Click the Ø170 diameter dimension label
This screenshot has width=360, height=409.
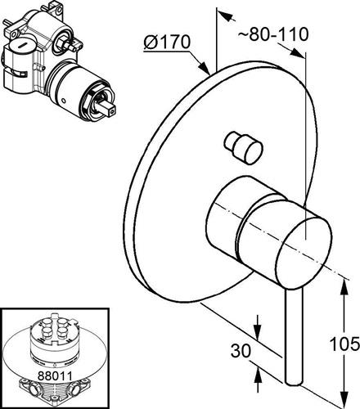pos(167,43)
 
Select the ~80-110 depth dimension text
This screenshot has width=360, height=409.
pos(273,34)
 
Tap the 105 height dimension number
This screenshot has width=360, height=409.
pos(344,344)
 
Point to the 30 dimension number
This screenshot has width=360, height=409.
pos(241,350)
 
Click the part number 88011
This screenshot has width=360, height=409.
pos(55,376)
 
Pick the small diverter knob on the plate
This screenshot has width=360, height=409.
pos(244,148)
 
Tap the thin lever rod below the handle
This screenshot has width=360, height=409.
pos(294,337)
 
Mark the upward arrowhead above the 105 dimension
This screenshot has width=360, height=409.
pos(344,288)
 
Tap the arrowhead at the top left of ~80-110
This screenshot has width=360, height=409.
pos(227,16)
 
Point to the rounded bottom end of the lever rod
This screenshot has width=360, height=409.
pos(294,382)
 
